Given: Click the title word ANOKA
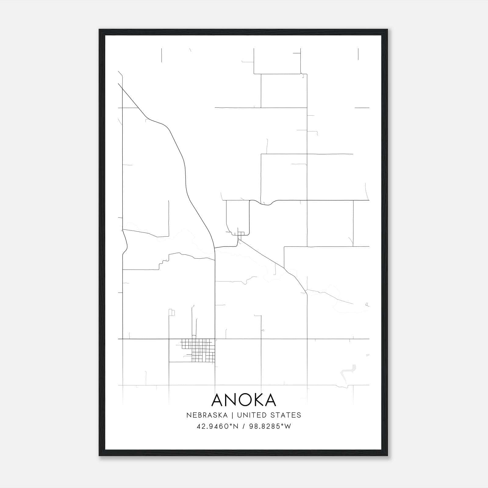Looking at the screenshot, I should (x=243, y=400).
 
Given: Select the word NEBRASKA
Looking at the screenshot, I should (x=207, y=415).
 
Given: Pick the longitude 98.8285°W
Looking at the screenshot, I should (x=270, y=426).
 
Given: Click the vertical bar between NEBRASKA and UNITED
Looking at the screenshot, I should (x=232, y=415).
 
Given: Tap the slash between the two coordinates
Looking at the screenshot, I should (x=244, y=426).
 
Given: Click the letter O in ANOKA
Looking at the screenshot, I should (x=240, y=400).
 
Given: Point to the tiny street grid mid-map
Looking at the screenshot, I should (x=241, y=234).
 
